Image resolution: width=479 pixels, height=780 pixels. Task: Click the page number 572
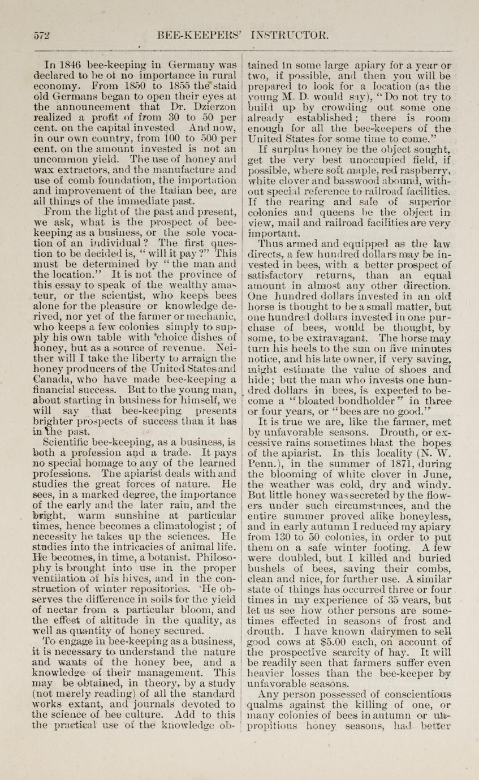point(41,34)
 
